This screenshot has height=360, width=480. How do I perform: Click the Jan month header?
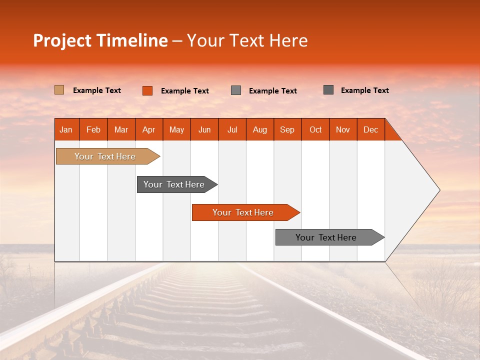point(66,129)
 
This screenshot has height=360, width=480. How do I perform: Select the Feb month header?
point(93,129)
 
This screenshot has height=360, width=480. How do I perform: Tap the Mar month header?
point(121,129)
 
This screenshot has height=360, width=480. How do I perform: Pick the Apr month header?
point(149,129)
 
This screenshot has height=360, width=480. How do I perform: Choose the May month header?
point(176,129)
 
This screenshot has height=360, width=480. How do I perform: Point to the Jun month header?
point(204,129)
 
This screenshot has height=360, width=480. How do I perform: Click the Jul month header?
point(232,129)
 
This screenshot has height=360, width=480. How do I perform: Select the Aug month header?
point(260,129)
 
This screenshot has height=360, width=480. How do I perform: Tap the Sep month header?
point(287,129)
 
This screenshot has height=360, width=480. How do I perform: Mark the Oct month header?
point(315,129)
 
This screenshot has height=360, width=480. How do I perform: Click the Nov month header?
point(343,129)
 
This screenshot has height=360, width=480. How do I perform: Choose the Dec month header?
point(371,129)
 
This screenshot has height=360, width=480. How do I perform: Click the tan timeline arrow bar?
point(105,156)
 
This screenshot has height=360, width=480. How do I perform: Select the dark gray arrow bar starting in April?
point(174,184)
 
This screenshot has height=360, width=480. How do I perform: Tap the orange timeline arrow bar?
point(243,212)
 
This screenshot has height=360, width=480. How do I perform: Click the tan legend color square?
point(59,90)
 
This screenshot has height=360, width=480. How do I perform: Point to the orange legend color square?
point(147,90)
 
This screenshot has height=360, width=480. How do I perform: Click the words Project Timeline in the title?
point(100,40)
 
